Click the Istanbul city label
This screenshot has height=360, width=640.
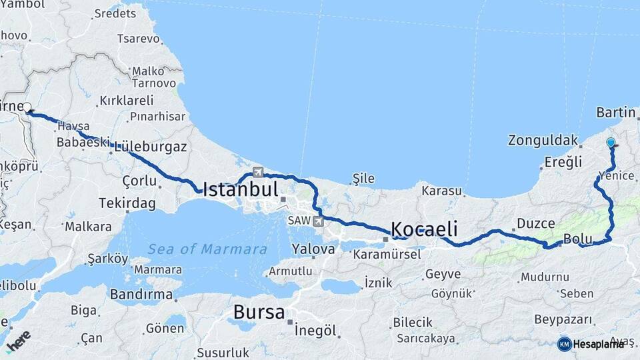point(240,189)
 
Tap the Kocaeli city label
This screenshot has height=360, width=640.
point(424,229)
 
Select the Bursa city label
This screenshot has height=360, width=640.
point(259,312)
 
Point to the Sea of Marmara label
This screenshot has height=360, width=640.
point(207,249)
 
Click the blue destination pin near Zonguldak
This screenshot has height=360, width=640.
point(611,142)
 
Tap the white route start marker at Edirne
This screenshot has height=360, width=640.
point(27,107)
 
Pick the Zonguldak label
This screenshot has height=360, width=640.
point(542,141)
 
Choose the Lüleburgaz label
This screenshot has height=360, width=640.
point(151,147)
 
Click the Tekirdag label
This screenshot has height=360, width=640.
point(127,203)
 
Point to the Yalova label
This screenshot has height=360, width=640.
point(313,249)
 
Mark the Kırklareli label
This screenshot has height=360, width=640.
point(126,101)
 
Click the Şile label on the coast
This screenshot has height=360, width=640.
point(363,179)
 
